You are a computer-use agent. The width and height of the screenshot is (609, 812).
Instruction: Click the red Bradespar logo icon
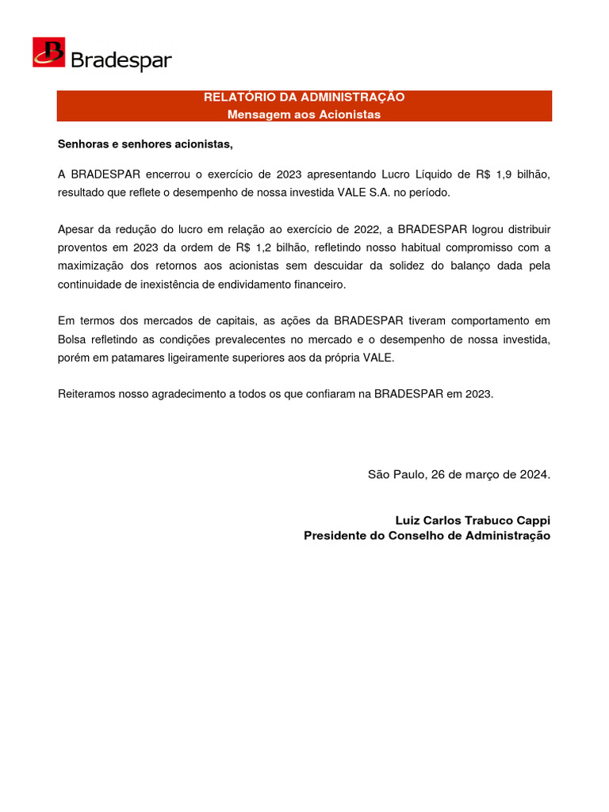pos(48,52)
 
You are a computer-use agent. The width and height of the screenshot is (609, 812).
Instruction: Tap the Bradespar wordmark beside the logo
pos(121,60)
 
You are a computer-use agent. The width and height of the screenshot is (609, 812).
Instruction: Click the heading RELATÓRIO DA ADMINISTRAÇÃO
pos(304,97)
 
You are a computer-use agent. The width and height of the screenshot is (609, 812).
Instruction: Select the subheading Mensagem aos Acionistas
pos(304,114)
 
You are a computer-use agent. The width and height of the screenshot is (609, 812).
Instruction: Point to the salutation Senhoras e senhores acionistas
pos(146,144)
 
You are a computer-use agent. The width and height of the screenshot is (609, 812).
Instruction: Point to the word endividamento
pos(259,284)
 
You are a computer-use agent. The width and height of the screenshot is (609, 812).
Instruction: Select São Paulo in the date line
pos(396,474)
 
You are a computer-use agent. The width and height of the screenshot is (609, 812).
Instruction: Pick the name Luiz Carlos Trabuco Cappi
pos(473,520)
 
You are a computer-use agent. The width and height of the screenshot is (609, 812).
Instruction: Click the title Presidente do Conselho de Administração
pos(427,536)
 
